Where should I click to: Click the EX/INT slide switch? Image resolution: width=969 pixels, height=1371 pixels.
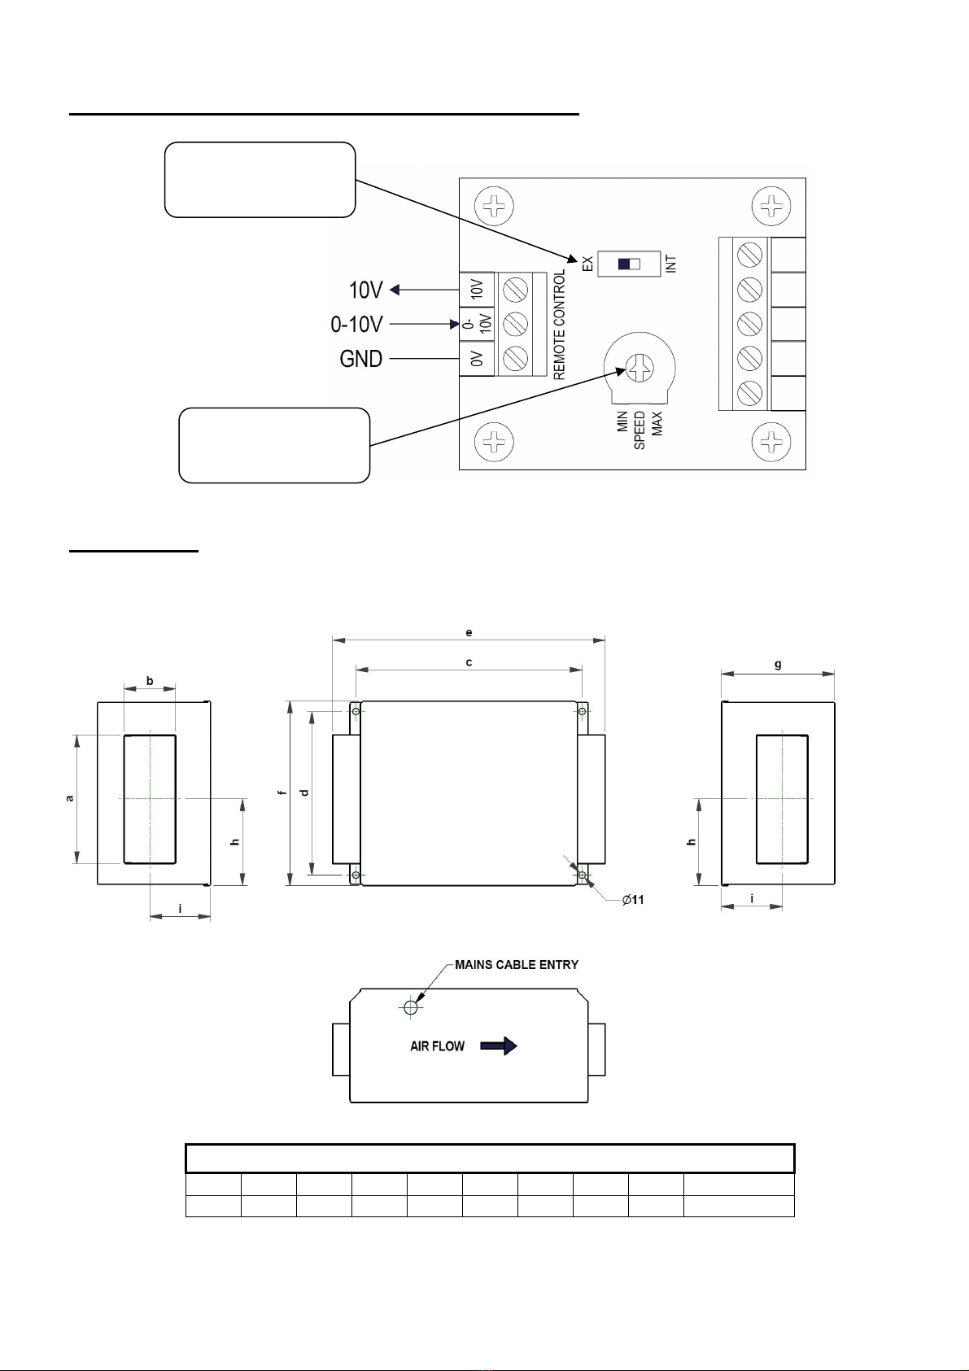[x=629, y=264]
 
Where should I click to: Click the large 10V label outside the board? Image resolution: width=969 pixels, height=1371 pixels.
[x=365, y=290]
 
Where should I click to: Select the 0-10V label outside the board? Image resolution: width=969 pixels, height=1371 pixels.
[x=356, y=324]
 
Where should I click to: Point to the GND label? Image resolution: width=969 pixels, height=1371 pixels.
[x=361, y=359]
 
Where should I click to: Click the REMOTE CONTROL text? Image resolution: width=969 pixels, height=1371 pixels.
[x=560, y=325]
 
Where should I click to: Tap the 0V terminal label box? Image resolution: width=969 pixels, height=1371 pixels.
[x=477, y=359]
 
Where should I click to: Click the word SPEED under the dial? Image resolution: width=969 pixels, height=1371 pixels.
[x=639, y=430]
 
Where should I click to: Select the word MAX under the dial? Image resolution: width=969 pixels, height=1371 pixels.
[x=657, y=424]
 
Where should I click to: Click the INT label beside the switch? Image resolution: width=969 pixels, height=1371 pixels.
[x=671, y=264]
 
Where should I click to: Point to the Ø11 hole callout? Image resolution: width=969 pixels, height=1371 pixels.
[x=633, y=900]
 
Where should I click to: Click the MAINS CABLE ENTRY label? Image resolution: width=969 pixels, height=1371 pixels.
[x=516, y=965]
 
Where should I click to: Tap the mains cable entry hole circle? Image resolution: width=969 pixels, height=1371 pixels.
[x=411, y=1006]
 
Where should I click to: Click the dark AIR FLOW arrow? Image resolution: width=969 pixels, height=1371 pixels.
[x=499, y=1046]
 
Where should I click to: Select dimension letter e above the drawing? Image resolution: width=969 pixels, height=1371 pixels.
[x=469, y=632]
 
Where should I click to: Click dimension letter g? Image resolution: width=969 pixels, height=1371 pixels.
[x=778, y=664]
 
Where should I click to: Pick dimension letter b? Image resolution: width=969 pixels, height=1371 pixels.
[x=150, y=680]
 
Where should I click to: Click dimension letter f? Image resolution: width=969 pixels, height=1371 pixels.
[x=282, y=793]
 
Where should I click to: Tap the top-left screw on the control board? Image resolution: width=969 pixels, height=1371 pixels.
[x=495, y=206]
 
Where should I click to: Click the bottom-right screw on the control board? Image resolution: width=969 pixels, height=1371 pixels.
[x=771, y=442]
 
